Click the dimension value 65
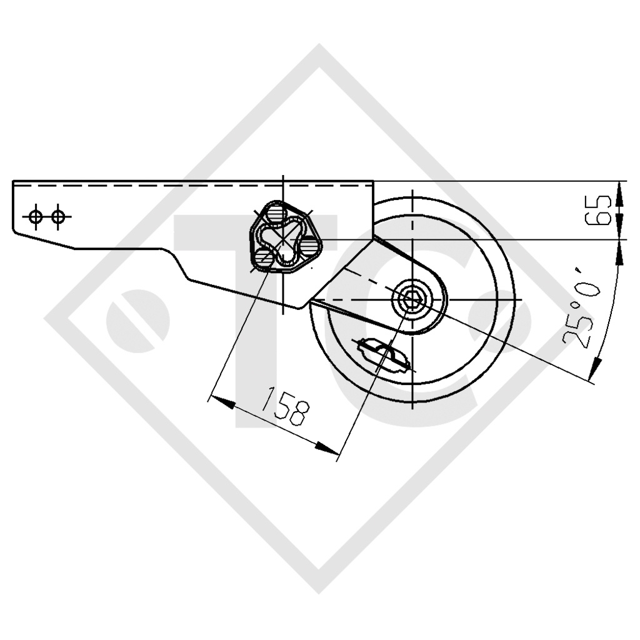[x=604, y=210]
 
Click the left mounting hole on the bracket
[x=36, y=216]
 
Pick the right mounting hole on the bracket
[x=57, y=216]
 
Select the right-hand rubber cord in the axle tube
[x=309, y=246]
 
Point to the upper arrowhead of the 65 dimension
[x=620, y=190]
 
